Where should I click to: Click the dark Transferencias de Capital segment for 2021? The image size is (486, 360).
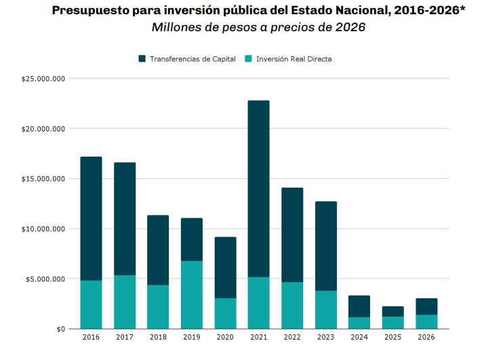[x=258, y=188]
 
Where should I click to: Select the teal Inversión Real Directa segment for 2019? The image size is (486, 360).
[x=191, y=295]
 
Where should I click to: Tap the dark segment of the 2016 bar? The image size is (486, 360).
[x=91, y=218]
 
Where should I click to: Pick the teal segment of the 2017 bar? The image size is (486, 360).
[x=125, y=302]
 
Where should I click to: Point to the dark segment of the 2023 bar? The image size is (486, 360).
[x=325, y=246]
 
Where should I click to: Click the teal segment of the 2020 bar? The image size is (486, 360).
[x=225, y=313]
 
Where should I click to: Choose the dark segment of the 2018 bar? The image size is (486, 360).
[x=158, y=250]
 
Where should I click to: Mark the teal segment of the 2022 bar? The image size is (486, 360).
[x=292, y=305]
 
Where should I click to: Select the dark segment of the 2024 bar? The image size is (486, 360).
[x=359, y=306]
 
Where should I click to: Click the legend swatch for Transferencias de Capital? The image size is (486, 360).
[x=142, y=59]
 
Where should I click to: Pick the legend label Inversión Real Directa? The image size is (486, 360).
[x=293, y=59]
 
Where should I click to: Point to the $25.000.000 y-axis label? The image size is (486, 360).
[x=43, y=79]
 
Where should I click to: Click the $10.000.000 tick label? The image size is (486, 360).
[x=43, y=229]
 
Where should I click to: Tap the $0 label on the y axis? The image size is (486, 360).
[x=61, y=329]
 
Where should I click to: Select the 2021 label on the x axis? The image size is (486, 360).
[x=258, y=337]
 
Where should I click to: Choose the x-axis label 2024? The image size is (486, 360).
[x=359, y=337]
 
